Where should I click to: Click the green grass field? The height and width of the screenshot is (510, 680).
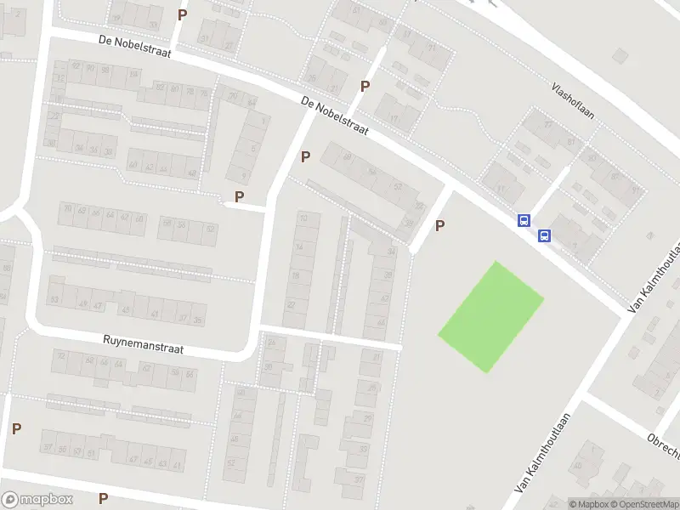point(491,316)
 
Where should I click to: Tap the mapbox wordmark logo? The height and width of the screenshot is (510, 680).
point(46,500)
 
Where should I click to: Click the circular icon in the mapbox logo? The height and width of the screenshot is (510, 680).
point(10,500)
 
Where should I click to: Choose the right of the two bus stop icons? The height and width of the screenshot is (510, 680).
point(545,235)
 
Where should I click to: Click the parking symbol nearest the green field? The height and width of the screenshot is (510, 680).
point(439,225)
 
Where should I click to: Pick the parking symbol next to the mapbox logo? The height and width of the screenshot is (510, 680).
point(104,498)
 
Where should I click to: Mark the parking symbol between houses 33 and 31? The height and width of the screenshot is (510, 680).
point(181,14)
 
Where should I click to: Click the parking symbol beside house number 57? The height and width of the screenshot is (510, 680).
point(16,428)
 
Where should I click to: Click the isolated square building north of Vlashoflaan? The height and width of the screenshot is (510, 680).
point(620,55)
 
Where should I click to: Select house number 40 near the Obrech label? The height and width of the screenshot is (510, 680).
point(578,466)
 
